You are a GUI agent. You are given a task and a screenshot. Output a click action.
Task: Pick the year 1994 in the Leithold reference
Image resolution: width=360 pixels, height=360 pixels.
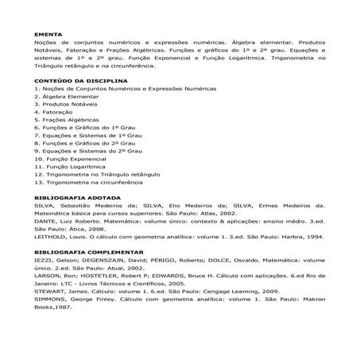click(315, 236)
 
